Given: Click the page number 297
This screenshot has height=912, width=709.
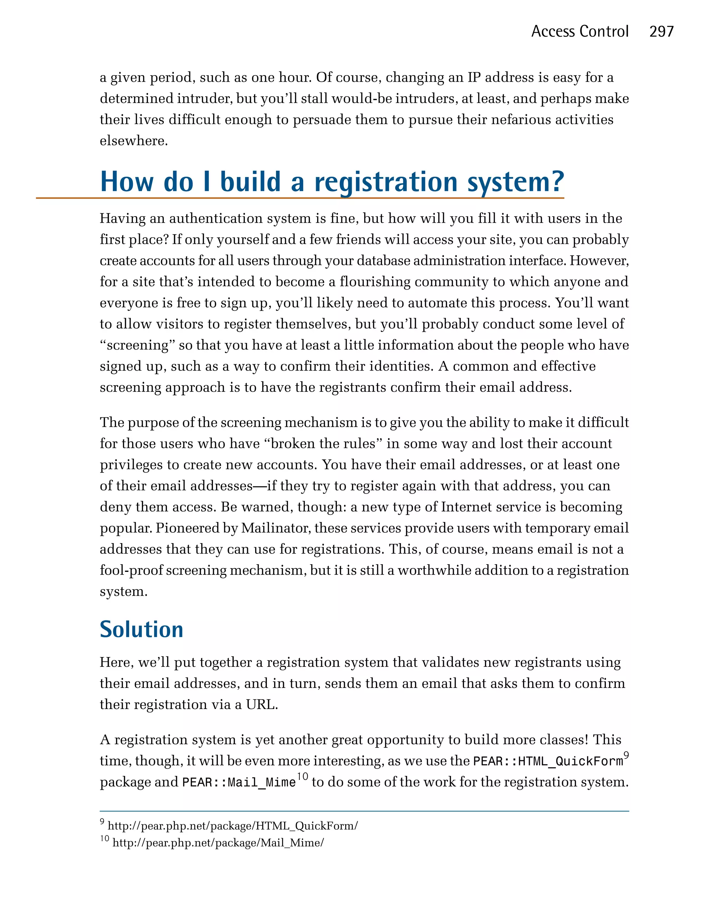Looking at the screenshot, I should [x=662, y=32].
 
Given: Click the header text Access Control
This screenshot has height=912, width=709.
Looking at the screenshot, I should [x=580, y=32].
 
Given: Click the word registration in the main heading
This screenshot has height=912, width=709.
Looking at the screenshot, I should [x=386, y=183].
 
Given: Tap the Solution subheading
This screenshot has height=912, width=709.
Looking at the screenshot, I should [x=142, y=629].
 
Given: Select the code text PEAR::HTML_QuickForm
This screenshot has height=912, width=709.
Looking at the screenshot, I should [x=548, y=761].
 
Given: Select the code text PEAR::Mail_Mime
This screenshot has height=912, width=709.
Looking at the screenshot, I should [x=239, y=782].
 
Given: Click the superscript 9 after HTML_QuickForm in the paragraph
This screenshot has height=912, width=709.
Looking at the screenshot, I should [x=626, y=754].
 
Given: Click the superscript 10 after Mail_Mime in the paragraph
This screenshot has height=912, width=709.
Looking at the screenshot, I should [x=303, y=776].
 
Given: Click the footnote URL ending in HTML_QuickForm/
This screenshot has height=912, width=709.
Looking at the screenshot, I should [x=232, y=825].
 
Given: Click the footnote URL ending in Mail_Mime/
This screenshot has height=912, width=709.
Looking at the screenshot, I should [x=218, y=843].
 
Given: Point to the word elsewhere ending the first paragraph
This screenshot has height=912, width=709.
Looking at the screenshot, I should [x=134, y=141].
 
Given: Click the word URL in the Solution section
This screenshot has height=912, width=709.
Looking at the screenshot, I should [x=261, y=705].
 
